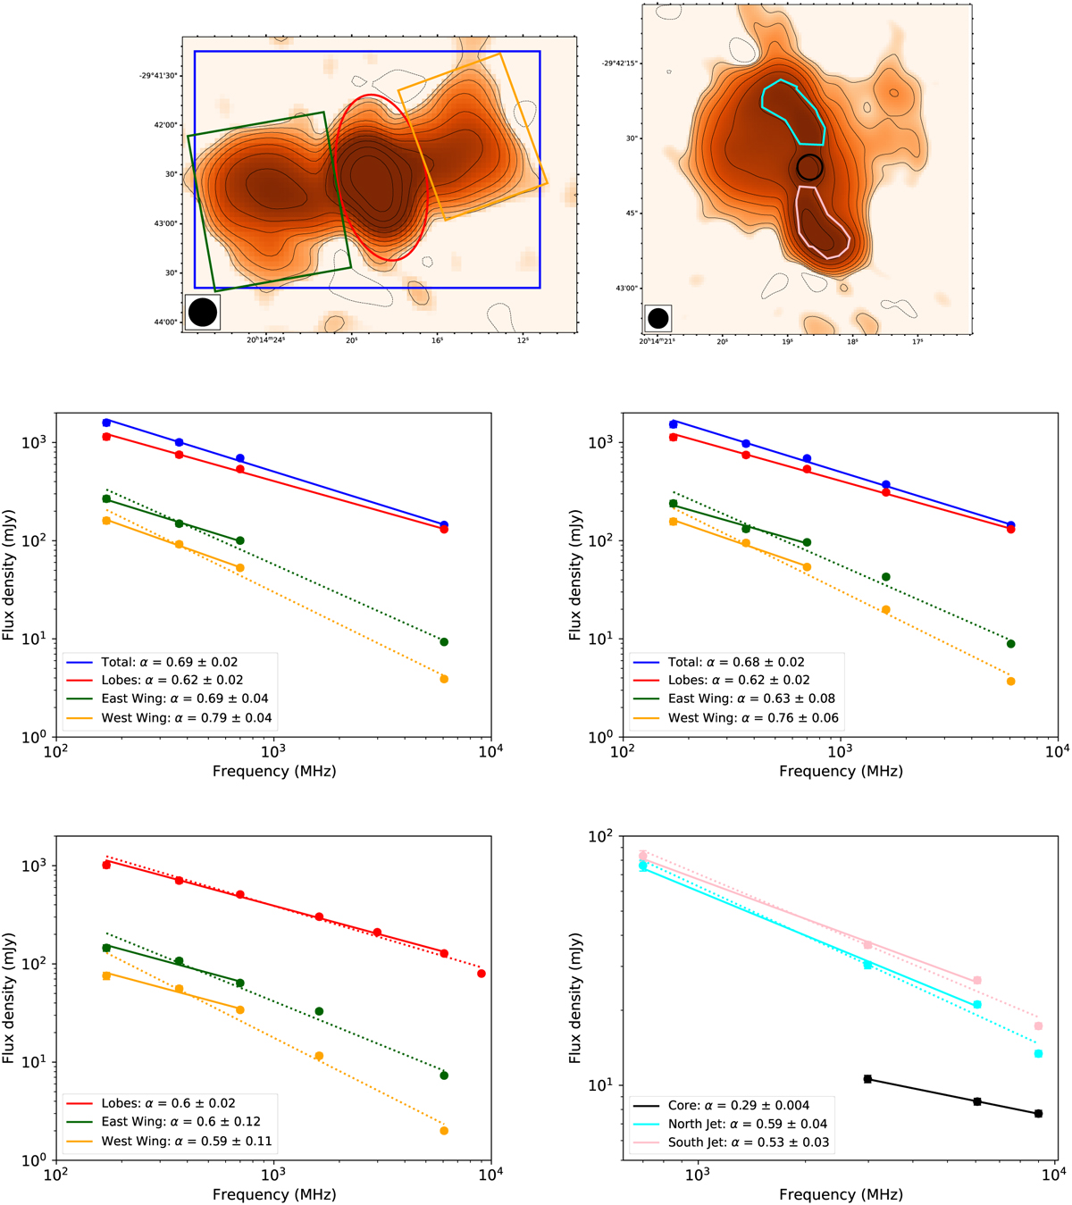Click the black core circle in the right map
pyautogui.click(x=809, y=167)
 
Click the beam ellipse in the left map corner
pyautogui.click(x=203, y=312)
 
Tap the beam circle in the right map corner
pyautogui.click(x=657, y=318)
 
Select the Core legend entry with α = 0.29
pyautogui.click(x=733, y=1105)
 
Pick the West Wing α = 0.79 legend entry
pyautogui.click(x=169, y=717)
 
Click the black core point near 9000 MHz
pyautogui.click(x=1038, y=1114)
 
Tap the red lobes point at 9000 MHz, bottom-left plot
pyautogui.click(x=482, y=974)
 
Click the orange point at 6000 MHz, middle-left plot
pyautogui.click(x=444, y=680)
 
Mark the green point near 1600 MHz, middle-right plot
pyautogui.click(x=886, y=577)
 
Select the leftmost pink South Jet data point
pyautogui.click(x=642, y=856)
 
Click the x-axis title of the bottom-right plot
pyautogui.click(x=841, y=1194)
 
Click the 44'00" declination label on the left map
pyautogui.click(x=165, y=322)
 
